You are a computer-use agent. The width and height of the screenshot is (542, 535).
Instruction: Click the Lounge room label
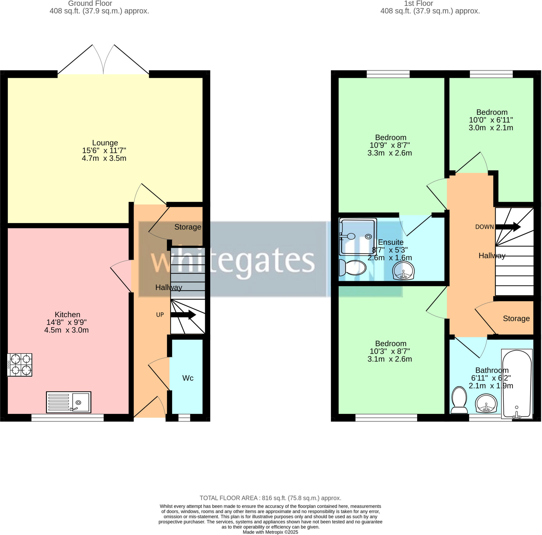point(105,143)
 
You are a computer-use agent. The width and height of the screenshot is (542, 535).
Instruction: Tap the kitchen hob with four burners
point(20,365)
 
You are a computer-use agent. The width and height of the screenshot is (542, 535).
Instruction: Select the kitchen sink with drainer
point(69,402)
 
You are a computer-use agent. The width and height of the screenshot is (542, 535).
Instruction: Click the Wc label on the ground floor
point(188,378)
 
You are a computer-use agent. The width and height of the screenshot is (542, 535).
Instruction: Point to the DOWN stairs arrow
point(508,227)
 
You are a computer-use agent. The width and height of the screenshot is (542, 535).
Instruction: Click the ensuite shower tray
point(358,236)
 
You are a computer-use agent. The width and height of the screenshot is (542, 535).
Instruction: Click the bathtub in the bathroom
point(517,384)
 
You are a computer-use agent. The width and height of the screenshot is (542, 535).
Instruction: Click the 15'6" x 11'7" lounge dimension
point(104,151)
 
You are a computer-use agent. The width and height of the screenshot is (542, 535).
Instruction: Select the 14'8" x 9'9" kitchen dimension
point(66,322)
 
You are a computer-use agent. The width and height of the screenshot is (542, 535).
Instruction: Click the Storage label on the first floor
point(516,319)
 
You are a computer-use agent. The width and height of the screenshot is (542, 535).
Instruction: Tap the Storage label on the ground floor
point(188,227)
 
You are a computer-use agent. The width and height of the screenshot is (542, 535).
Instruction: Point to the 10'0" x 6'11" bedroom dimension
point(491,120)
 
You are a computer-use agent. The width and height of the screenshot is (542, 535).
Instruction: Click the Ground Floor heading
point(90,3)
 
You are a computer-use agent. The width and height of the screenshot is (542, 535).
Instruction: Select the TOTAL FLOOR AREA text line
point(270,498)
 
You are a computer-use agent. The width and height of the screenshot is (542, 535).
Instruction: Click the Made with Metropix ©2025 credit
point(270,532)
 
